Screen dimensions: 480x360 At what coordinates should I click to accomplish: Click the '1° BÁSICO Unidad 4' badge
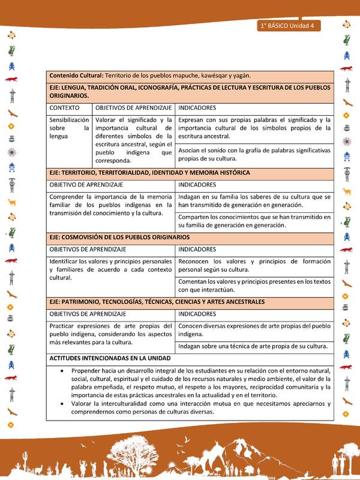(290, 26)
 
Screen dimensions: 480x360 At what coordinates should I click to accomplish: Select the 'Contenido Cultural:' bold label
(76, 76)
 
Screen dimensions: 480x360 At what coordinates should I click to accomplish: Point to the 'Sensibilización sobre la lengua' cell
(69, 128)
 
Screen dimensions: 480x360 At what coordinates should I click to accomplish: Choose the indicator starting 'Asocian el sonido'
(254, 154)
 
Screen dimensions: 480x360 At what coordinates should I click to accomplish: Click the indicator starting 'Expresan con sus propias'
(254, 128)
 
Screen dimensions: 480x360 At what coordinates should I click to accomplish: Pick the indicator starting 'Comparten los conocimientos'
(254, 221)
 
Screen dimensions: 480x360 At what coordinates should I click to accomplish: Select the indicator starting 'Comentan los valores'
(254, 286)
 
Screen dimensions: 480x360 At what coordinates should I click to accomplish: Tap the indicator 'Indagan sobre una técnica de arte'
(252, 346)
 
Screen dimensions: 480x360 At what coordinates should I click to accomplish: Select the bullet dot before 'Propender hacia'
(64, 371)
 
